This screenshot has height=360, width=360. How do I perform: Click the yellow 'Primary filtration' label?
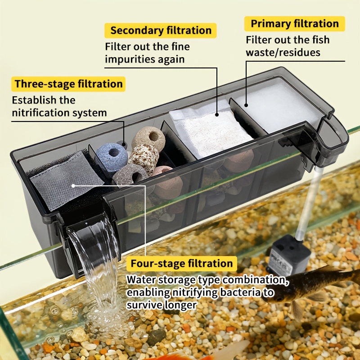pyautogui.click(x=295, y=24)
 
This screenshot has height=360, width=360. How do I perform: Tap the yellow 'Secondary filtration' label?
pyautogui.click(x=161, y=31)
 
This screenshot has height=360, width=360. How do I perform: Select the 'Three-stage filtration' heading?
pyautogui.click(x=68, y=84)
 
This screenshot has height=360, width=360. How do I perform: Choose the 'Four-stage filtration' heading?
pyautogui.click(x=182, y=264)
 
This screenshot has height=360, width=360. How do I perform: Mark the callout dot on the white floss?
pyautogui.click(x=246, y=105)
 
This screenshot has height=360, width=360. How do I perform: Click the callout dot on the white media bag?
pyautogui.click(x=217, y=114)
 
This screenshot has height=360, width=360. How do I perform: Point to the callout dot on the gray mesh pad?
pyautogui.click(x=73, y=185)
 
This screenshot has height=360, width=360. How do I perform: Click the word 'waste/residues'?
pyautogui.click(x=283, y=53)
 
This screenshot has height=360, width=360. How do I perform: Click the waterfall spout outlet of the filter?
pyautogui.click(x=90, y=229)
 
